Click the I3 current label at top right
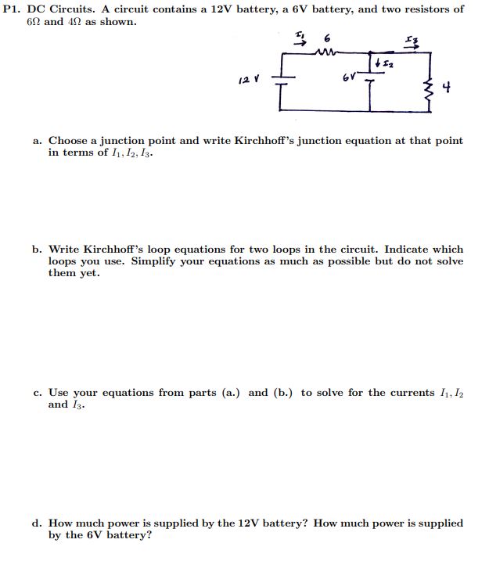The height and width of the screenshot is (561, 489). pyautogui.click(x=411, y=41)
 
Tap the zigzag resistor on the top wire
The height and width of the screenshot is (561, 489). pyautogui.click(x=324, y=53)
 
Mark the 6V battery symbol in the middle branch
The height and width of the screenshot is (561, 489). pyautogui.click(x=370, y=79)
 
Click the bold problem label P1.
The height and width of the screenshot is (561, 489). pyautogui.click(x=13, y=9)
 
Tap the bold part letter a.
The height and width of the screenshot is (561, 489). pyautogui.click(x=38, y=141)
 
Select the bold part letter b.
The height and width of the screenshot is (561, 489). pyautogui.click(x=38, y=249)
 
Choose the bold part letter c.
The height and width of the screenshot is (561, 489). pyautogui.click(x=38, y=393)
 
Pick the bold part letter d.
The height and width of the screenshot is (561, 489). pyautogui.click(x=38, y=523)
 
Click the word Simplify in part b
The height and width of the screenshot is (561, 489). pyautogui.click(x=155, y=261)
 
